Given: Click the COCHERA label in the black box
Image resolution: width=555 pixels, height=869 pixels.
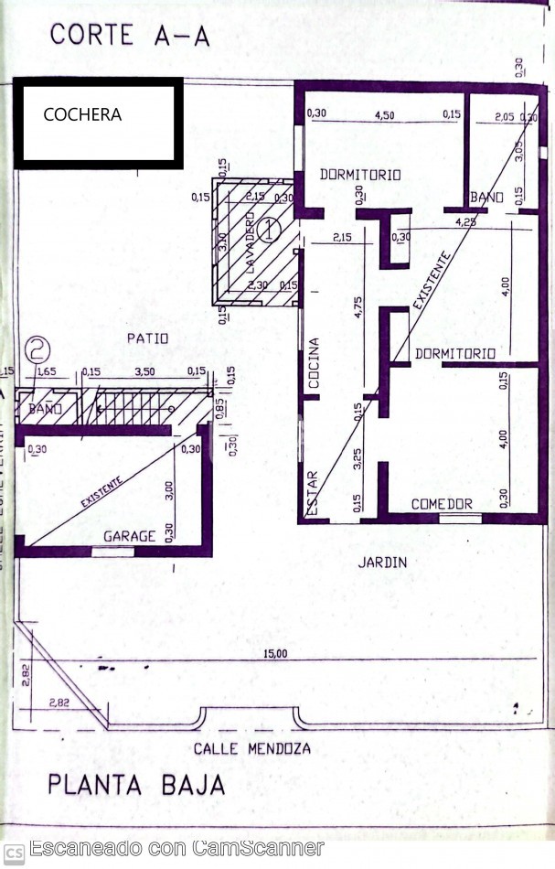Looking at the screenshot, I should (x=82, y=115).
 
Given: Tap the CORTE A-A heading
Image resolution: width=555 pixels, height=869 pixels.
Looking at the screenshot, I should (x=130, y=36).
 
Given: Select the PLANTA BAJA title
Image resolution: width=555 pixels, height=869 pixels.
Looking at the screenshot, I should (x=135, y=785).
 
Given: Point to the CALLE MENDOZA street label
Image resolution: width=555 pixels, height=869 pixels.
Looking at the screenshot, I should (x=251, y=748).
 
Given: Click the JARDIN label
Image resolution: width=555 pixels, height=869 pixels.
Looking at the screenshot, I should (x=382, y=563).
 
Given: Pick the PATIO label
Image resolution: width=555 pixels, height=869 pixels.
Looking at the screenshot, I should (x=148, y=338).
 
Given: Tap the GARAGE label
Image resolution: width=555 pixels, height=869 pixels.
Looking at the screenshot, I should (x=129, y=536).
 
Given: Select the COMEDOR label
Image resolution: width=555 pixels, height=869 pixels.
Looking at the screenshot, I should (x=442, y=504).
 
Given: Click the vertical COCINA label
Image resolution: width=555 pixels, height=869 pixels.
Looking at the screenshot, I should (x=314, y=365).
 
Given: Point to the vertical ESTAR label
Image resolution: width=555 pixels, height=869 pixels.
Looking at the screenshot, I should (x=312, y=495).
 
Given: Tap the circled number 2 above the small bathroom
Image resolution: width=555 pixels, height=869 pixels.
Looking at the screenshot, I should (x=37, y=348).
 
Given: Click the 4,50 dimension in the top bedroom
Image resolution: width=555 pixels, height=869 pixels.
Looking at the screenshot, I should (x=385, y=114).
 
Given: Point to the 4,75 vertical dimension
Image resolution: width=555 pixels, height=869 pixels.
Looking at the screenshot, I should (x=358, y=302).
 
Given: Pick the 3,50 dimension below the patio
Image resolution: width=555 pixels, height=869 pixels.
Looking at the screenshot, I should (x=144, y=372).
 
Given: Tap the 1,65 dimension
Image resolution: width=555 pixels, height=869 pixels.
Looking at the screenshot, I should (x=46, y=372).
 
